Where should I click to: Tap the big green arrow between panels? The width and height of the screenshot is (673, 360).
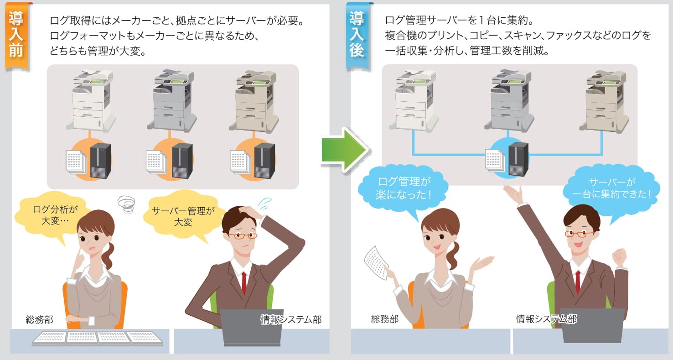343,150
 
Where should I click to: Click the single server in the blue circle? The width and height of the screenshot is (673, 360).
518,159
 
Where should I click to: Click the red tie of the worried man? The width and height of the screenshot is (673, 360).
244,283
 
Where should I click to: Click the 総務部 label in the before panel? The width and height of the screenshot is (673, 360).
39,320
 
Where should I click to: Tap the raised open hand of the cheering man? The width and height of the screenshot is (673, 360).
513,195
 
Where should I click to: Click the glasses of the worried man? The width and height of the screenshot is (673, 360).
243,236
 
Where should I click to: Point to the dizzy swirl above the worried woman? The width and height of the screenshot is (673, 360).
126,204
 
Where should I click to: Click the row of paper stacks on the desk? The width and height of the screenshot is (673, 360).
98,338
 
